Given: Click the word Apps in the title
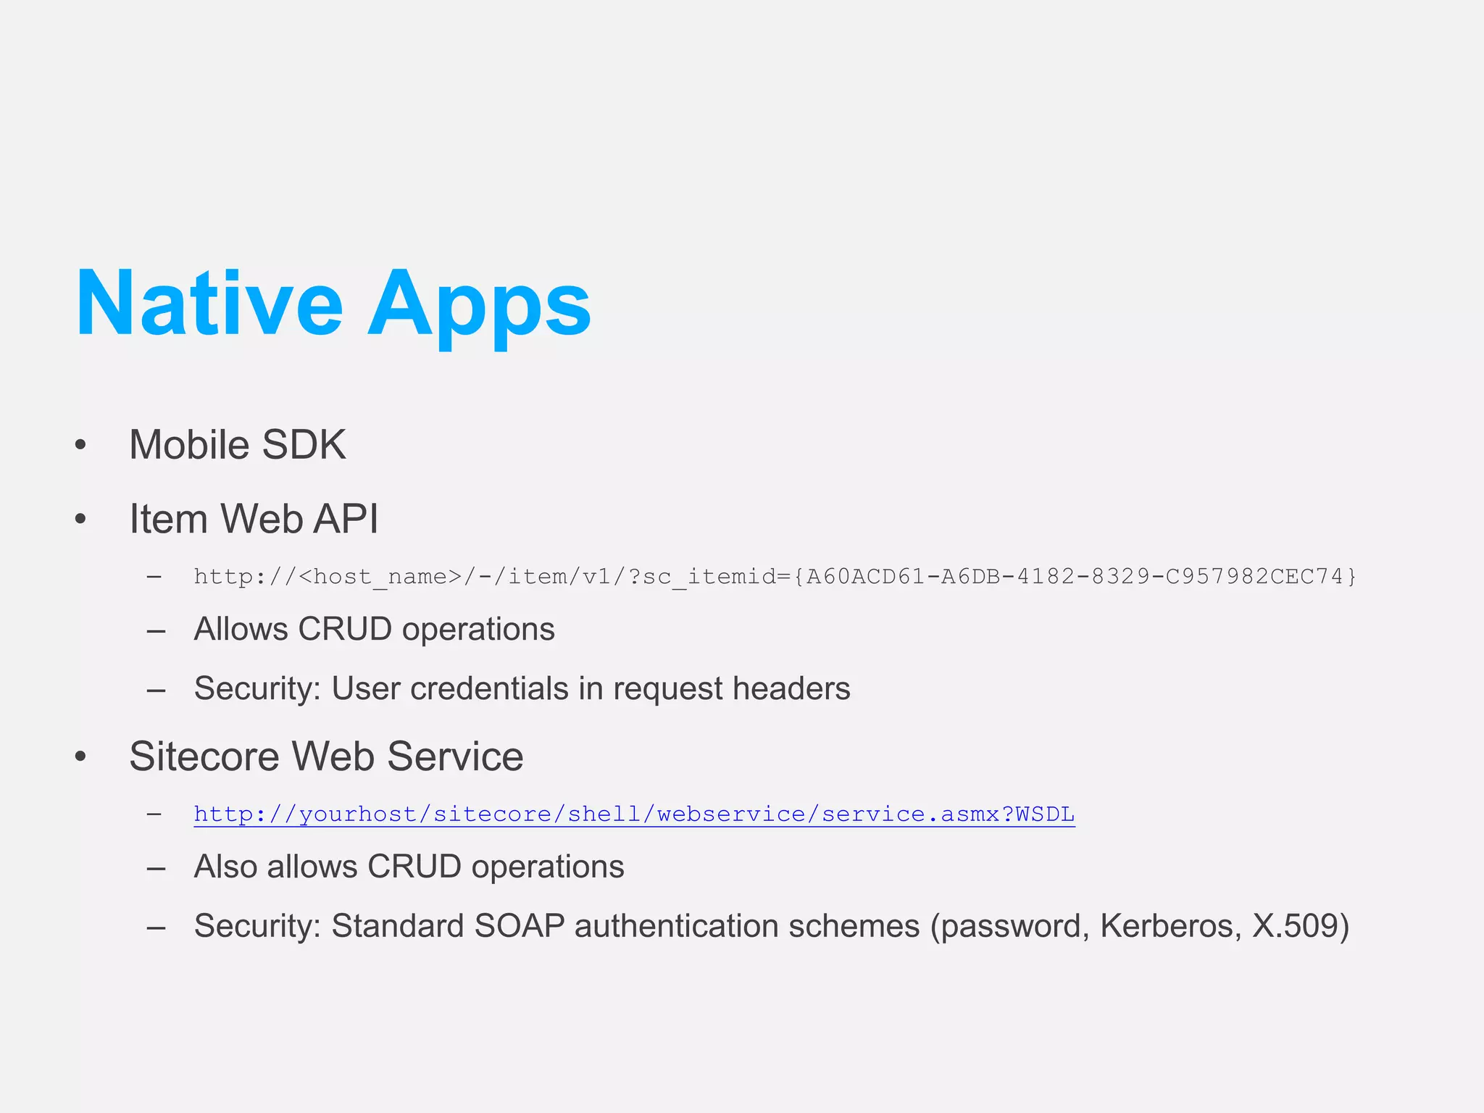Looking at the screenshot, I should tap(480, 304).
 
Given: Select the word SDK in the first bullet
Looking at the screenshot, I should tap(304, 444).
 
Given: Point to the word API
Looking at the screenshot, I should tap(346, 519).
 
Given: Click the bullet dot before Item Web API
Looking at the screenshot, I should tap(80, 519).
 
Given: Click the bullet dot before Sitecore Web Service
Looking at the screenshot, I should tap(80, 756).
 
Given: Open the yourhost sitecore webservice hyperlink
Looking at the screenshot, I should tap(634, 814).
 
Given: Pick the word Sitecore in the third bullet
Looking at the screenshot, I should tap(204, 756).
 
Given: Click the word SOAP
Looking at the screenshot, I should tap(520, 926).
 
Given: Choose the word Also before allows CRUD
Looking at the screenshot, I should tap(225, 867).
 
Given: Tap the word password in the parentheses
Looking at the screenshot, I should tap(1012, 926).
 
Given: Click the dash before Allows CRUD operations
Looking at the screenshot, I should tap(155, 630).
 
